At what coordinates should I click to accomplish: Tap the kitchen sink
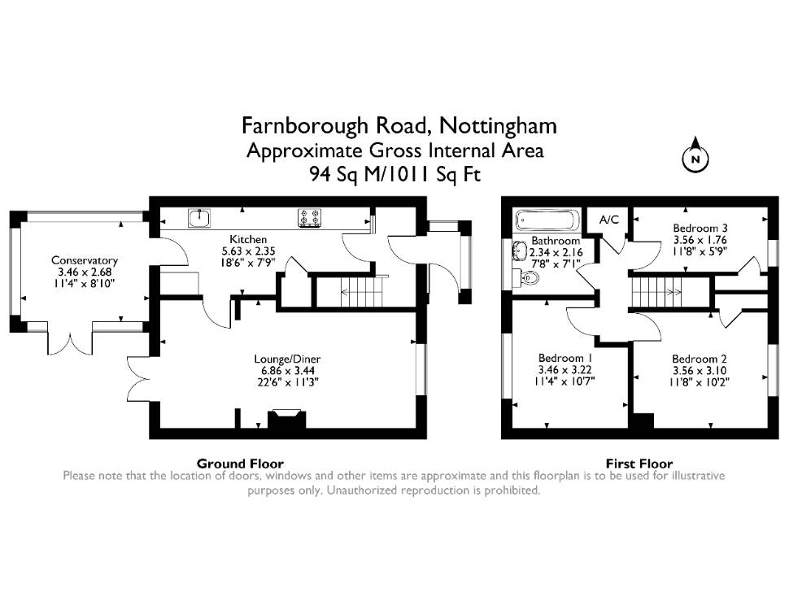tap(200, 219)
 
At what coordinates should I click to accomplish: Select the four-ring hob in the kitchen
tap(309, 219)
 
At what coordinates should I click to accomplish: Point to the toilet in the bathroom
tap(526, 277)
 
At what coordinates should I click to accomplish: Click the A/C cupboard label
tap(609, 220)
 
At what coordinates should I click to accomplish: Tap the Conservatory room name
tap(85, 260)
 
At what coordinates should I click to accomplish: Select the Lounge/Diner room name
tap(287, 359)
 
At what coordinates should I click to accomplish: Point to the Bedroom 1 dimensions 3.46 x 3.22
tap(565, 369)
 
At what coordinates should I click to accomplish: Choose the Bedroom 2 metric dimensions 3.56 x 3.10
tap(700, 370)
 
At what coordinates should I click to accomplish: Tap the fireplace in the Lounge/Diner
tap(287, 419)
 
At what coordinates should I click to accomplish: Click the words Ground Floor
tap(240, 464)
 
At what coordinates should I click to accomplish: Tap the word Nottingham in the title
tap(499, 126)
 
